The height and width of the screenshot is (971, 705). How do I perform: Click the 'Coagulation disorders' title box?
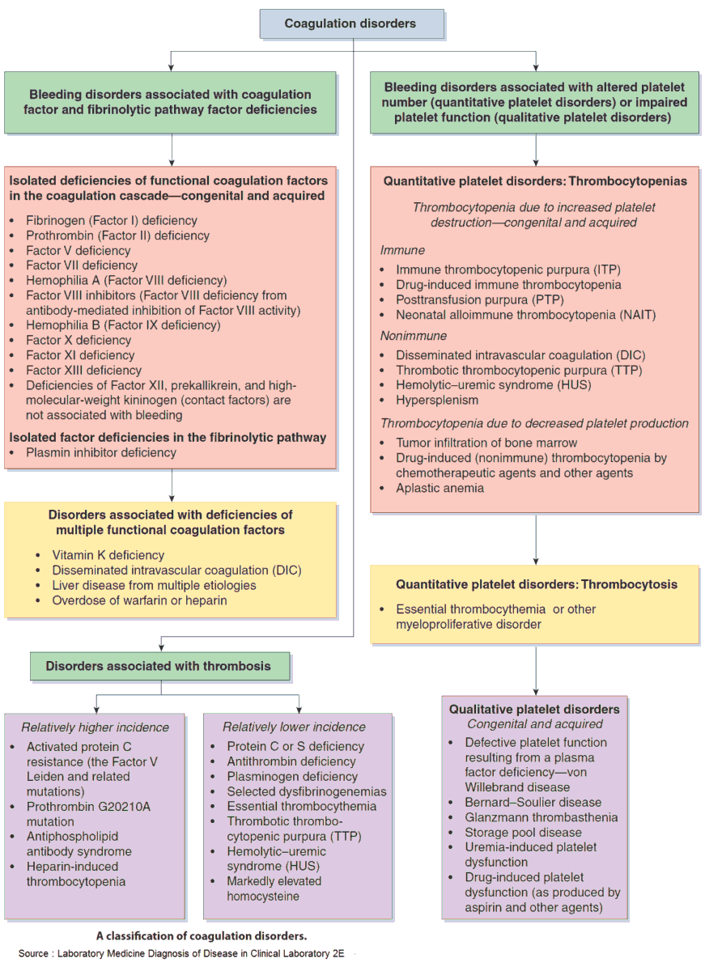350,23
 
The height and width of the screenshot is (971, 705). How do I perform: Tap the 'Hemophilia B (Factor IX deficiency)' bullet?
122,325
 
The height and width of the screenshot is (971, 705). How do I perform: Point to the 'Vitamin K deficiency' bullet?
108,555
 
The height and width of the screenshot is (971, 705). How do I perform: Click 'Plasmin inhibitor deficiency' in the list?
100,452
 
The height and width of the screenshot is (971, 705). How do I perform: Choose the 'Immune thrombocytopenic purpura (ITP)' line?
508,269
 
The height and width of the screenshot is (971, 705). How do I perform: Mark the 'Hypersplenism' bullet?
437,400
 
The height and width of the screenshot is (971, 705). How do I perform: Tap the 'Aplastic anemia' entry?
440,488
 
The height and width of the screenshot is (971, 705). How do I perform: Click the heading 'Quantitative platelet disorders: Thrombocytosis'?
536,584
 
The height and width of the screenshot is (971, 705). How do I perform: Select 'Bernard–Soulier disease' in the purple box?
533,802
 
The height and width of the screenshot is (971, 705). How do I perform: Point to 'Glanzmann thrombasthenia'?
541,817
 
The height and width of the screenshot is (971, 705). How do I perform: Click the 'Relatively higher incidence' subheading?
96,727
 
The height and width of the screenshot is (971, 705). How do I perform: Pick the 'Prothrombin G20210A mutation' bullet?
88,814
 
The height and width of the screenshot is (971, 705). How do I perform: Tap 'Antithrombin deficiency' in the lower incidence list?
291,761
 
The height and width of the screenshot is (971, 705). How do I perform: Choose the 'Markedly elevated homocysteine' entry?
274,888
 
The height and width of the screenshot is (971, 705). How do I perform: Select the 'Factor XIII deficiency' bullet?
80,370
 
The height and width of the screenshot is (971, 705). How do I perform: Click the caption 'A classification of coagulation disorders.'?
202,935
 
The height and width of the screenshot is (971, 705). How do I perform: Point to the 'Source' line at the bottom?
181,953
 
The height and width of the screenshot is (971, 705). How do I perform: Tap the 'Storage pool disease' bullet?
523,832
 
